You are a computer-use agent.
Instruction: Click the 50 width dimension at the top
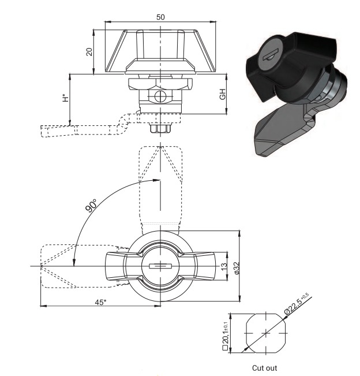coord(160,17)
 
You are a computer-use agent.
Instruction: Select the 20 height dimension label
coord(89,52)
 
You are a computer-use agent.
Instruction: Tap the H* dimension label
coord(66,98)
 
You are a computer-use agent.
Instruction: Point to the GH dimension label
coord(223,94)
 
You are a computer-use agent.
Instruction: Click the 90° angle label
coord(91,205)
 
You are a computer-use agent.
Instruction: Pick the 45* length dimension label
coord(100,303)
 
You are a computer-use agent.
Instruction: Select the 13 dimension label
coord(223,266)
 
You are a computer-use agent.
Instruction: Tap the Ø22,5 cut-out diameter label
coord(297,304)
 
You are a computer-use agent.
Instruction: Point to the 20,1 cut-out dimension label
coord(226,336)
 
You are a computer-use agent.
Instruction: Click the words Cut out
coord(264,367)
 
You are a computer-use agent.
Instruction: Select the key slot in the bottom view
coord(160,266)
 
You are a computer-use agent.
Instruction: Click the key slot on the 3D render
coord(271,55)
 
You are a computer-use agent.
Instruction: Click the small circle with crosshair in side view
coord(160,96)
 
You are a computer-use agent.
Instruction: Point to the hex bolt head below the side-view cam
coord(161,128)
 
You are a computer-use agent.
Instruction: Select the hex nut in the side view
coord(160,84)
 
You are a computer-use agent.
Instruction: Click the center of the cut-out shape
coord(266,333)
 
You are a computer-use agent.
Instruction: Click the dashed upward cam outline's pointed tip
coord(160,146)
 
